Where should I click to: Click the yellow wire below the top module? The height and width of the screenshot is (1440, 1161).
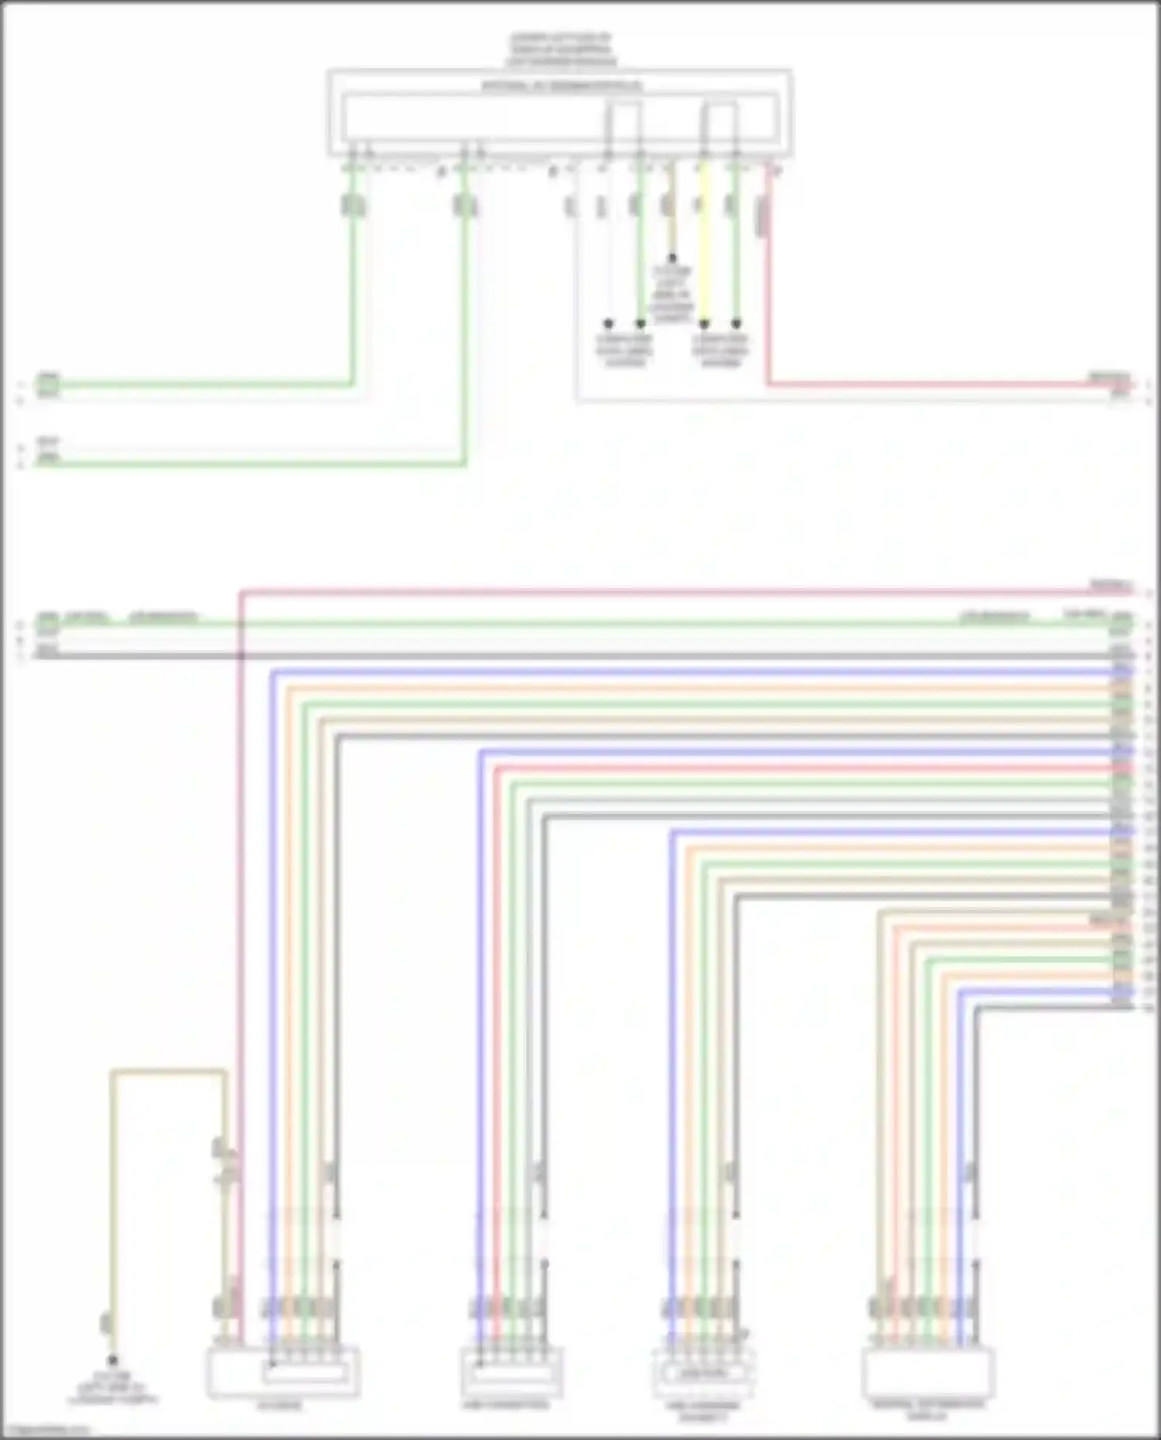pyautogui.click(x=704, y=255)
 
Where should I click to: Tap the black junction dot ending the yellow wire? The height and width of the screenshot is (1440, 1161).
pyautogui.click(x=704, y=323)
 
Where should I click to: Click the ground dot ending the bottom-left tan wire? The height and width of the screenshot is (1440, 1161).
pyautogui.click(x=113, y=1360)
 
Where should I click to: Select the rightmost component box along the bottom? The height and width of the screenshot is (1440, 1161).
pyautogui.click(x=927, y=1372)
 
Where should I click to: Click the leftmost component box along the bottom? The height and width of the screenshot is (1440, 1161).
pyautogui.click(x=283, y=1372)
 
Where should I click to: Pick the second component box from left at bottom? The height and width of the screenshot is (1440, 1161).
pyautogui.click(x=512, y=1372)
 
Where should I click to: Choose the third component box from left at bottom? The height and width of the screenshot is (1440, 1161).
pyautogui.click(x=703, y=1372)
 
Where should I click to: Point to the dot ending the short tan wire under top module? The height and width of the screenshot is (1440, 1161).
pyautogui.click(x=672, y=258)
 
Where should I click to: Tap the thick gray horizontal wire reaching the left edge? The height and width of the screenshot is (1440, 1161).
pyautogui.click(x=542, y=656)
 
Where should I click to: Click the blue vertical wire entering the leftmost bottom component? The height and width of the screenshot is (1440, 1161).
pyautogui.click(x=272, y=1006)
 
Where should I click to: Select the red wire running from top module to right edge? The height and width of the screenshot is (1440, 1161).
pyautogui.click(x=929, y=383)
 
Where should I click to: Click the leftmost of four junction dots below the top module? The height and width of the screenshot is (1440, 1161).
pyautogui.click(x=608, y=323)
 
